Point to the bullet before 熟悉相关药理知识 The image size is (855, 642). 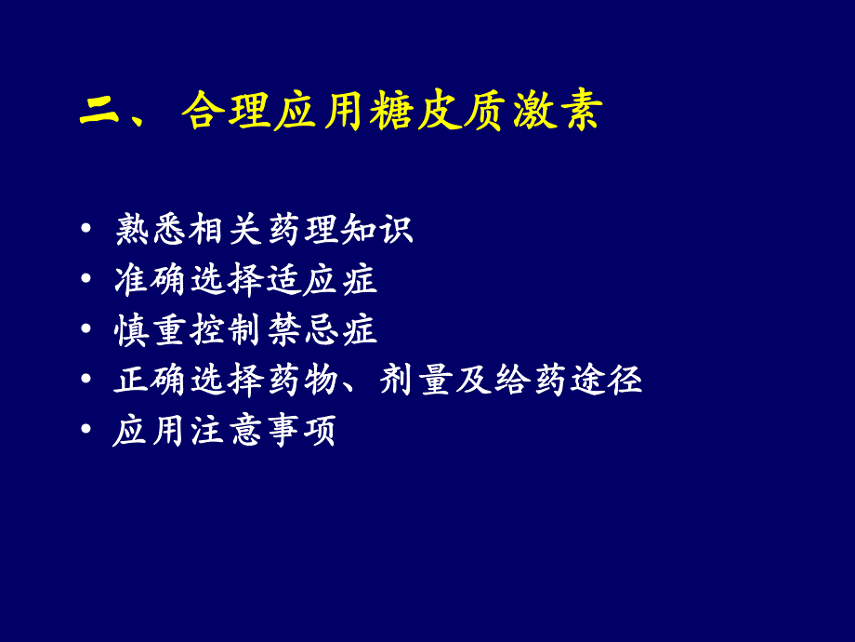[86, 229]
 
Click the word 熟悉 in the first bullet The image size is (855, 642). [152, 229]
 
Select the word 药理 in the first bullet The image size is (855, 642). [301, 229]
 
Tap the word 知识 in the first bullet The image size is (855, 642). [375, 229]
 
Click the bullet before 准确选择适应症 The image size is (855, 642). [86, 280]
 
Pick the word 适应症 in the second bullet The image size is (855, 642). [320, 280]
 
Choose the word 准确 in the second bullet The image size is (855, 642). [152, 280]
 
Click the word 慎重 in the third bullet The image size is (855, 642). [152, 330]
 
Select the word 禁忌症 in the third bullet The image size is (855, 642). [320, 330]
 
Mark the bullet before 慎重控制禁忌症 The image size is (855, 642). [86, 330]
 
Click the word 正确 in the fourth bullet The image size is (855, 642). [152, 381]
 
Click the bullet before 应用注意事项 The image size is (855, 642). [86, 432]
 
